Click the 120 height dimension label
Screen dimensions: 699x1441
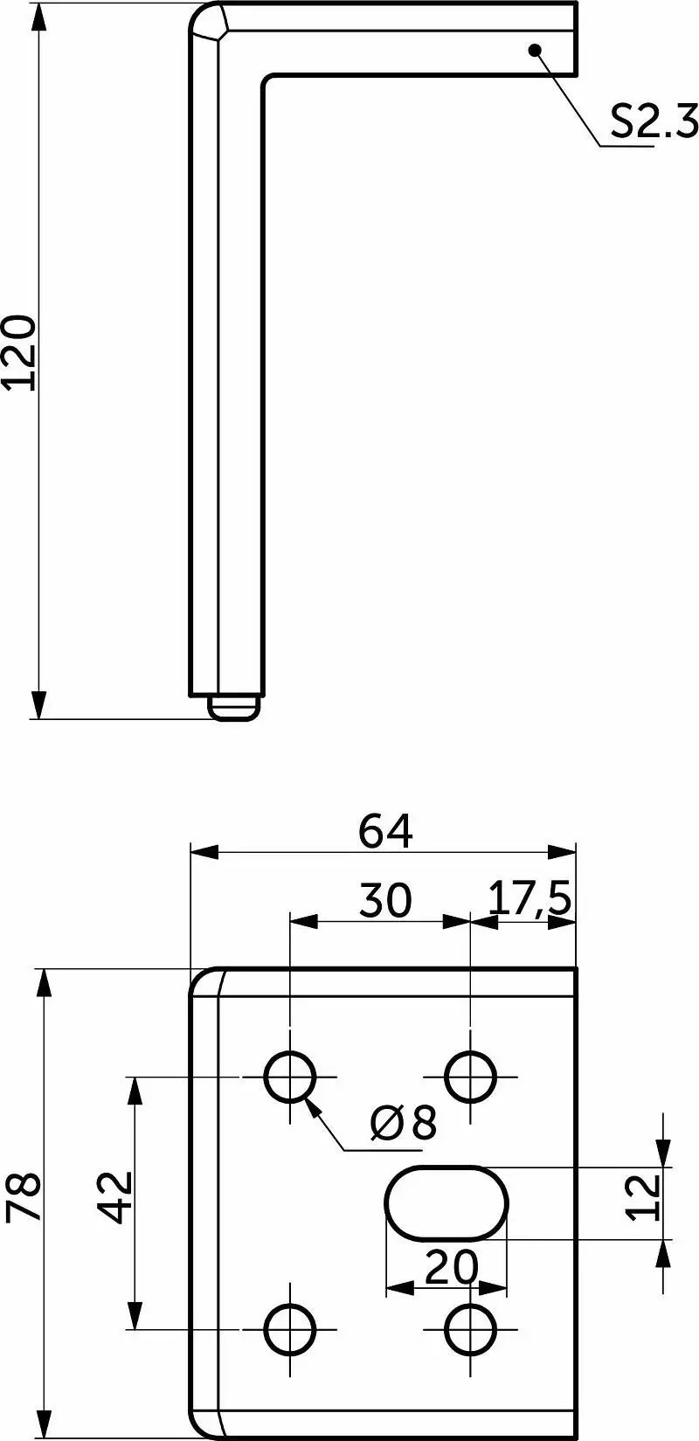19,352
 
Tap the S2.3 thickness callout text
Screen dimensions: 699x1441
654,121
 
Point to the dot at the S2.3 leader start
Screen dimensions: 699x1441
534,50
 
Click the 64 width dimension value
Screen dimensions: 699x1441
385,831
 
